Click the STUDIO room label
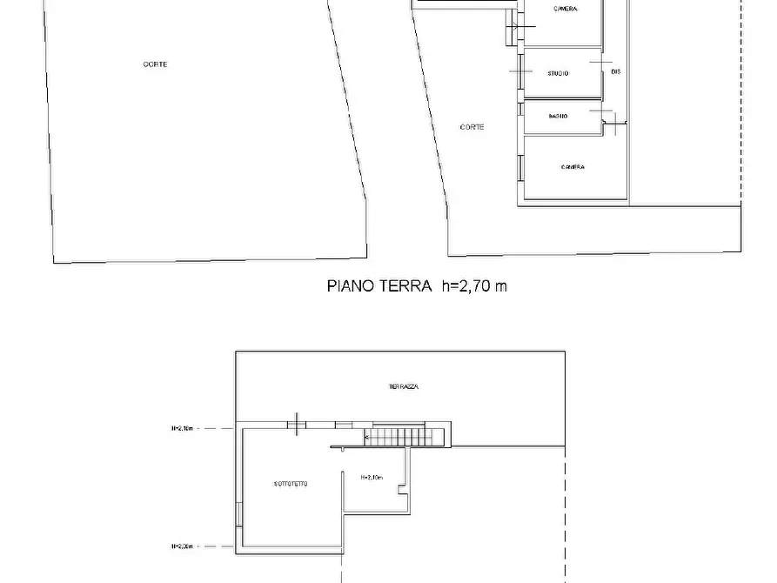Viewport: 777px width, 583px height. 558,74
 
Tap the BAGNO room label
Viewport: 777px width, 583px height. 558,117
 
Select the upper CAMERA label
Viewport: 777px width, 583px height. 565,10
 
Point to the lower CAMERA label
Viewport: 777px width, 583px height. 573,167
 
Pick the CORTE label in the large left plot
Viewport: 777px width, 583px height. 156,64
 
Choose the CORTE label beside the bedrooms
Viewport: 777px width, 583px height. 472,127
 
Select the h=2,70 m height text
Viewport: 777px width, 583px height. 472,285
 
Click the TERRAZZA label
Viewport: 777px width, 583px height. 404,386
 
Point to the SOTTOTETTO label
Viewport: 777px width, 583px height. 290,484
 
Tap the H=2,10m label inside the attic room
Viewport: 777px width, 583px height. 372,478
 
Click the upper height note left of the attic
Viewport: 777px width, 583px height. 184,428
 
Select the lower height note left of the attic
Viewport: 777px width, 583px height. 184,546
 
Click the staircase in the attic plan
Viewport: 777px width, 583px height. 407,437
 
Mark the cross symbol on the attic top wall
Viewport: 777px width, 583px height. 298,425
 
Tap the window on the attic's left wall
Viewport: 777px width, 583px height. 239,513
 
